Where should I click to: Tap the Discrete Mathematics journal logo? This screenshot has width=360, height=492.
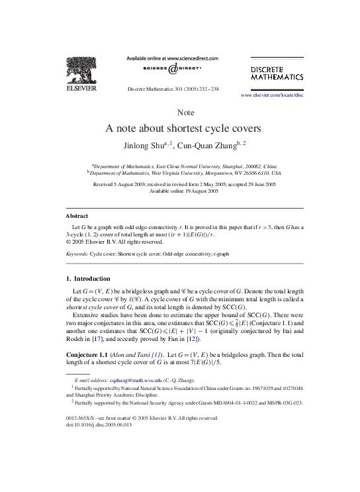(x=277, y=73)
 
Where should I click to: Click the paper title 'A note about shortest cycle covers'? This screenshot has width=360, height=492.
(x=180, y=128)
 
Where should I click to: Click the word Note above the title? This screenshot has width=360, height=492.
(x=180, y=112)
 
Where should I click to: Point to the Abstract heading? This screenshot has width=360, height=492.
(x=77, y=217)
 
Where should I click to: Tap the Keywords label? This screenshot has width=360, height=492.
(x=77, y=254)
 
